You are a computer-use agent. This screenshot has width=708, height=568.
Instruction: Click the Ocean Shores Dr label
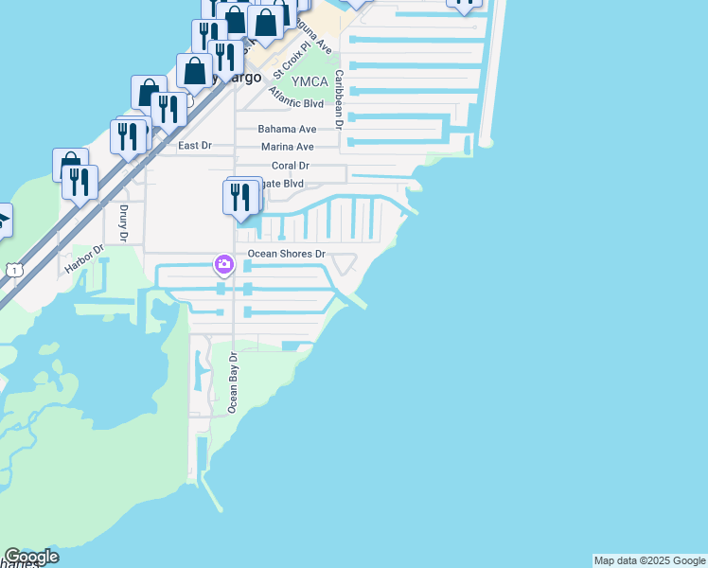point(286,254)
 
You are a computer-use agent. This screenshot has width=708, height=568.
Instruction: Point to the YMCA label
point(308,81)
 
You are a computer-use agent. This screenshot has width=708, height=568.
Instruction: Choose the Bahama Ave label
point(286,129)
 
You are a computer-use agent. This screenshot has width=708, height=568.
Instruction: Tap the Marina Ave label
point(287,147)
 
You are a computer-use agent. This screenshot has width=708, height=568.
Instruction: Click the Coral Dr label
point(291,166)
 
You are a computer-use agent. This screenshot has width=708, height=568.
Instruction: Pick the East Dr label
point(195,146)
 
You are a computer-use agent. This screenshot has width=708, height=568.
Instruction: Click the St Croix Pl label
point(292,59)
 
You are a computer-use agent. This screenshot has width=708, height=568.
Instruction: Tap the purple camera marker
point(224,264)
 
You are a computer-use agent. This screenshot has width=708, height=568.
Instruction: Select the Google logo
point(31,557)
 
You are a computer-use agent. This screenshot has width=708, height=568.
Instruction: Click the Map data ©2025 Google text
point(649,560)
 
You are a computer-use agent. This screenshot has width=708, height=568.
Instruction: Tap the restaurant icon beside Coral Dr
point(240,197)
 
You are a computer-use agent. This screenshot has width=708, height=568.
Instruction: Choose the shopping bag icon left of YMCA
point(196,70)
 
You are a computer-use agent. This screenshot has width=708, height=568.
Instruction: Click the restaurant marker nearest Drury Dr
point(80,182)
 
